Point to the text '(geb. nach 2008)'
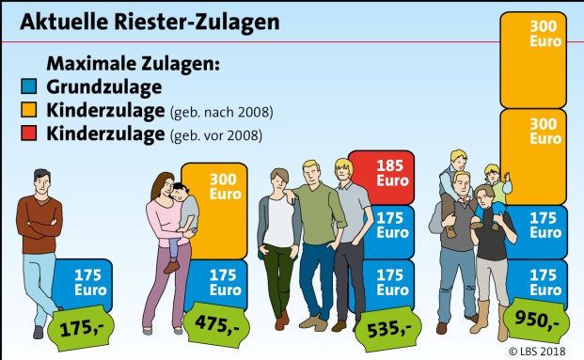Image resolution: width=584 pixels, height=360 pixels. tap(221, 113)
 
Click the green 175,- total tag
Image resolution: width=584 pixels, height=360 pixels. tap(86, 330)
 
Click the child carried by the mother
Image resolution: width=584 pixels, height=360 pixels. tap(182, 216)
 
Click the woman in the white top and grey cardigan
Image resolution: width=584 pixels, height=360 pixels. tap(279, 235)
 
